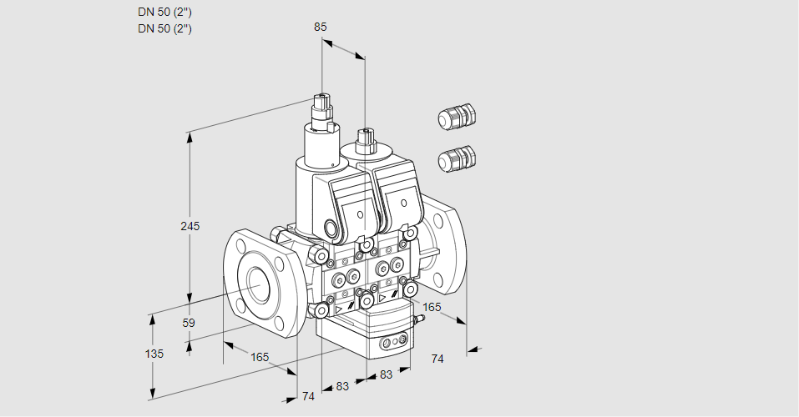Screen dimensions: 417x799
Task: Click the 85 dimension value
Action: (x=320, y=27)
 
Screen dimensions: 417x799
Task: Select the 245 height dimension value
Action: (x=190, y=226)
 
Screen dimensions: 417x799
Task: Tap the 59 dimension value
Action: (x=189, y=323)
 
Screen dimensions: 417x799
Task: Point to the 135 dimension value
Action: (x=154, y=354)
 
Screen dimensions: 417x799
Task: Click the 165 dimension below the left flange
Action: (x=260, y=357)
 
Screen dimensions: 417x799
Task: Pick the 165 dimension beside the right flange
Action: (x=431, y=308)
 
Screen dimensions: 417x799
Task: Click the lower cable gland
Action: (x=456, y=158)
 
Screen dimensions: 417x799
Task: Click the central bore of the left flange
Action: (x=256, y=285)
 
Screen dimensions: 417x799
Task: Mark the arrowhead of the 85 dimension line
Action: (x=360, y=57)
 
